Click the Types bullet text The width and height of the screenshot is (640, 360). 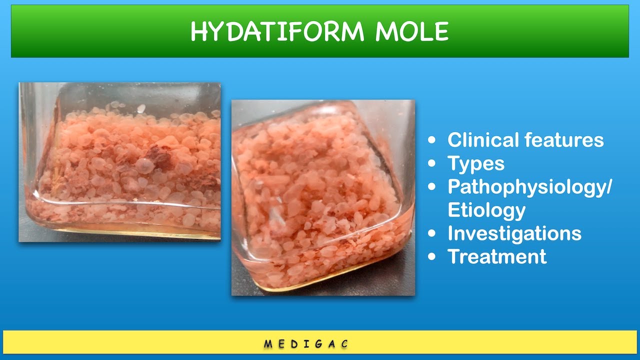pos(476,163)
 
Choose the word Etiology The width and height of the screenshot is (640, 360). pos(486,210)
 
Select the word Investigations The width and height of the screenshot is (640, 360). pos(514,233)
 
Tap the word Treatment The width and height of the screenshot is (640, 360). pos(497,256)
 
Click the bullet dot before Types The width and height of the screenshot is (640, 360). pos(432,164)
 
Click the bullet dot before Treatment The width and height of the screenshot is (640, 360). pos(432,257)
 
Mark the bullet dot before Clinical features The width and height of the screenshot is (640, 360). pos(432,140)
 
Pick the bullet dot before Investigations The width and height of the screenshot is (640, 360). pos(432,234)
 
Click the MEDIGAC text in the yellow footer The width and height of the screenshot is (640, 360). pos(306,344)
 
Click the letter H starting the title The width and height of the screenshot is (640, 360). pos(198,32)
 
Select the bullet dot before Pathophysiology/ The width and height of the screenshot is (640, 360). pos(432,187)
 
